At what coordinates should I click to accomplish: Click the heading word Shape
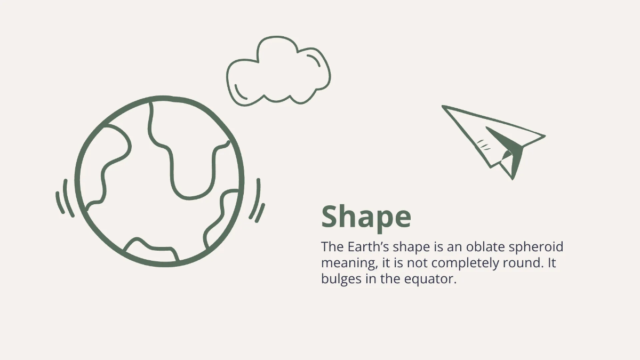click(366, 217)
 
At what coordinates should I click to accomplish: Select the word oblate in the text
click(485, 246)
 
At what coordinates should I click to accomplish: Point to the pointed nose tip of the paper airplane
click(443, 106)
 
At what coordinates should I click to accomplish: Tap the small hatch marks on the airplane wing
click(483, 145)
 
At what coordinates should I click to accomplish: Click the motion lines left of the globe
click(65, 198)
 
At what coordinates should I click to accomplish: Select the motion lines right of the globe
click(258, 201)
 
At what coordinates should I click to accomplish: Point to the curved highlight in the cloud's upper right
click(314, 59)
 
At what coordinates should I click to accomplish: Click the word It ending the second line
click(551, 263)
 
